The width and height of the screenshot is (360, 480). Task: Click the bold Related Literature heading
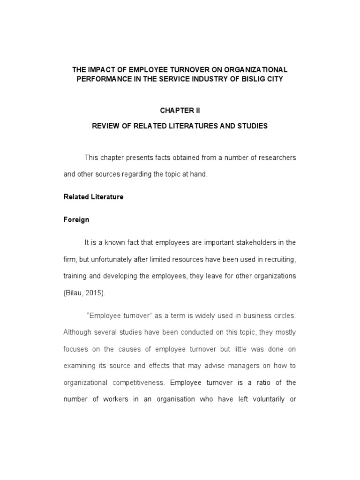pos(93,197)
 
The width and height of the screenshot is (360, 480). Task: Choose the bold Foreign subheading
pos(76,219)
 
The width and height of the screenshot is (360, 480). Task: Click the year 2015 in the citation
pos(97,293)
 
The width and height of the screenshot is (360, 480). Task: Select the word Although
pos(78,332)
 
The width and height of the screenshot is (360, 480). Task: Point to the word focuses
pos(76,349)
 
